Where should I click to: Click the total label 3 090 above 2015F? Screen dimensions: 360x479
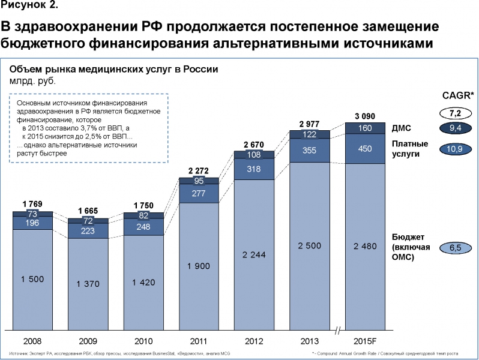tap(365, 115)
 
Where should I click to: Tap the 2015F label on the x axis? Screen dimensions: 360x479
tap(365, 341)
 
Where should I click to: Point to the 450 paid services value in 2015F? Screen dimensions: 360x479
tap(365, 149)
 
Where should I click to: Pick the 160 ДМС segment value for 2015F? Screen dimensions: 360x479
tap(365, 128)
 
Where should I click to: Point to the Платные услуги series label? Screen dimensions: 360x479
tap(409, 149)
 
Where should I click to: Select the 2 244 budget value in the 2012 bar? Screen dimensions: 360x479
tap(254, 254)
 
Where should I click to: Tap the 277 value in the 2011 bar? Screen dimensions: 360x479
tap(199, 194)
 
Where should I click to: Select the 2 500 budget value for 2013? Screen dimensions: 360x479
tap(310, 246)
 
